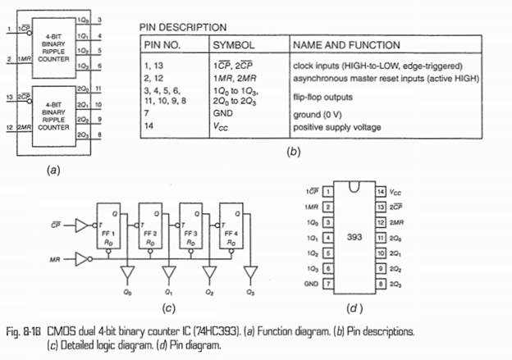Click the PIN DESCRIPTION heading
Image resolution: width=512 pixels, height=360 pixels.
pyautogui.click(x=181, y=28)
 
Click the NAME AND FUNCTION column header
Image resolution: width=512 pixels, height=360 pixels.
pyautogui.click(x=346, y=44)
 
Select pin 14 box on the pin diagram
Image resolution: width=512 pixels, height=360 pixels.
pyautogui.click(x=380, y=191)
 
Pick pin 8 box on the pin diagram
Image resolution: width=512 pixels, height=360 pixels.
pyautogui.click(x=380, y=284)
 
